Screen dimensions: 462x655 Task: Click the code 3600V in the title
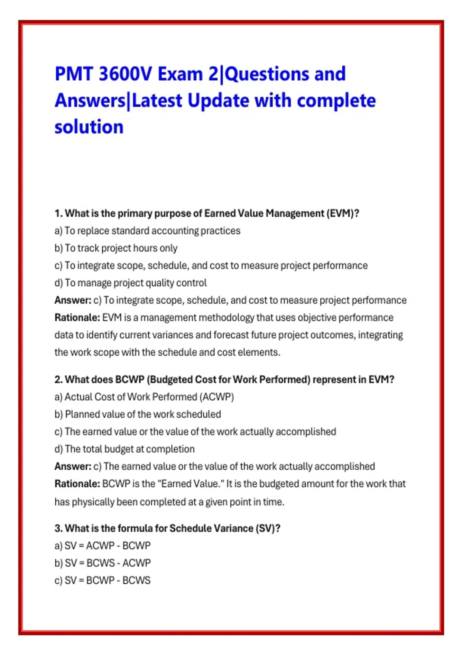point(125,74)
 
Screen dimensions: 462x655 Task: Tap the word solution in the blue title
point(89,127)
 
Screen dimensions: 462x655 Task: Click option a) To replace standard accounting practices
point(147,231)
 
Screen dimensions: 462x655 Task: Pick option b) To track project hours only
point(116,248)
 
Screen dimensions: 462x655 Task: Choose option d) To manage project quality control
point(131,283)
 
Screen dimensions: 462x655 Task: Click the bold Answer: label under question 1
point(73,300)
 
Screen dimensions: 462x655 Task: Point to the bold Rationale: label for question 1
point(77,317)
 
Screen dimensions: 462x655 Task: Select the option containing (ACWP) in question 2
point(144,397)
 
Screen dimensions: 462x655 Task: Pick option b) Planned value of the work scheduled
point(137,414)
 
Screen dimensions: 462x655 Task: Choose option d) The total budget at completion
point(124,449)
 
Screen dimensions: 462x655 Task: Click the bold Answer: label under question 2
point(73,466)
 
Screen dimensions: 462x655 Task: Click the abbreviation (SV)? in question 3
point(268,528)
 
